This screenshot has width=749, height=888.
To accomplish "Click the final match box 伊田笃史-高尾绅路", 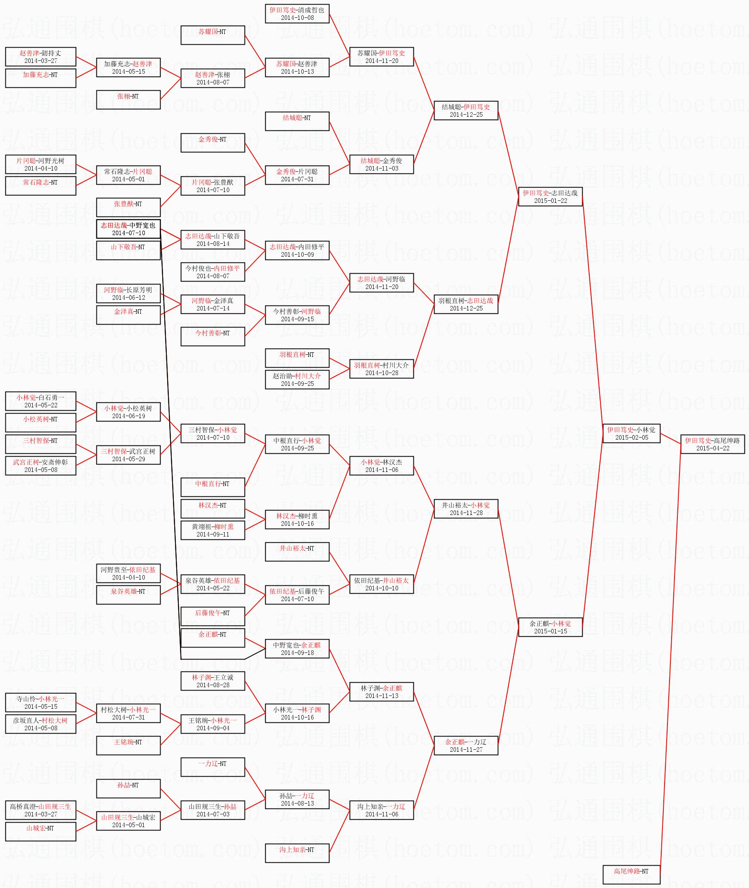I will pos(712,444).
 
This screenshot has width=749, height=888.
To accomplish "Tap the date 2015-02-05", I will pos(631,438).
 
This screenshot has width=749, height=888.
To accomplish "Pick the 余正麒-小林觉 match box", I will pos(550,627).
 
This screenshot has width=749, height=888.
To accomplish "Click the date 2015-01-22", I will pos(550,201).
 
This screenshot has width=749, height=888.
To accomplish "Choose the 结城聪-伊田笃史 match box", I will pos(466,111).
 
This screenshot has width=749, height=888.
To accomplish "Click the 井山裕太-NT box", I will pos(297,552).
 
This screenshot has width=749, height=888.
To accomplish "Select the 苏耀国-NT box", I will pos(212,35).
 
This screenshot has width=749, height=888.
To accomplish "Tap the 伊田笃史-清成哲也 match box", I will pos(297,14).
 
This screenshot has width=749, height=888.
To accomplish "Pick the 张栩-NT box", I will pos(128,99).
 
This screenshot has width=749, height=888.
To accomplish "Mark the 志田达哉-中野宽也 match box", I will pos(128,229).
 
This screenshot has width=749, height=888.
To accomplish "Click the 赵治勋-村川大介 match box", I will pos(297,380).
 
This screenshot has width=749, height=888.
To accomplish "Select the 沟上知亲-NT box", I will pos(297,853).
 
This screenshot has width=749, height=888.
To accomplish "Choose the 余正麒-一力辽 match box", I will pos(466,746).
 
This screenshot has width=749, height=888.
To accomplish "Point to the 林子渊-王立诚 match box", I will pos(212,681).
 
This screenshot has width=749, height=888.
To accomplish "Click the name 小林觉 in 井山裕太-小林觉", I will pos(480,505).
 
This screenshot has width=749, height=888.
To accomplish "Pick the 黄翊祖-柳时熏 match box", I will pos(212,530).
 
